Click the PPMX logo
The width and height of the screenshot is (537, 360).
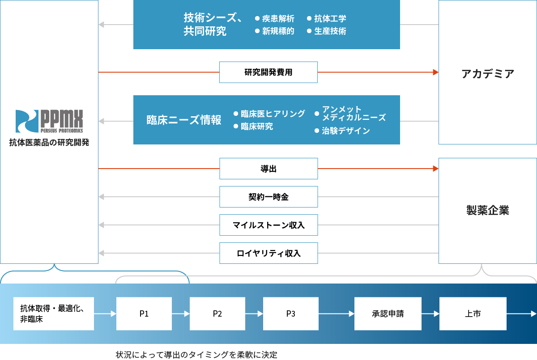[49, 121]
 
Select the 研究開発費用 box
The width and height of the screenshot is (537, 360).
[268, 72]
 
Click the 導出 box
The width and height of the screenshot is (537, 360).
[269, 169]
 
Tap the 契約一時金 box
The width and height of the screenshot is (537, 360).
[269, 197]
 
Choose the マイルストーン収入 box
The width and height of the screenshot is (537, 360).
[269, 225]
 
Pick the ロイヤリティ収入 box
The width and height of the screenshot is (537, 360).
[269, 253]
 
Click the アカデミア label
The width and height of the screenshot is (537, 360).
[488, 73]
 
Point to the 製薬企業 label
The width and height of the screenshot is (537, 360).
[488, 210]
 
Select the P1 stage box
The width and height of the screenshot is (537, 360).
[144, 314]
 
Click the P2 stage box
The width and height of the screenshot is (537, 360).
[217, 314]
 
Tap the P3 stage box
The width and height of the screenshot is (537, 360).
[291, 314]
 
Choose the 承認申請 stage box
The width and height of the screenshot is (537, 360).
[388, 314]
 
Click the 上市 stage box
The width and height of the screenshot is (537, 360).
[473, 314]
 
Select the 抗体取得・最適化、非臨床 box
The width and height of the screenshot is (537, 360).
[54, 314]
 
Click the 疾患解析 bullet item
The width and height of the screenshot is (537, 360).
[275, 18]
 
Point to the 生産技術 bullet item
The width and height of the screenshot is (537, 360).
[327, 31]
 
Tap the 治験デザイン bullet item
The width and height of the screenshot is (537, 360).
[342, 131]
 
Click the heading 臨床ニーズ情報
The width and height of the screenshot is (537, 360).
[184, 120]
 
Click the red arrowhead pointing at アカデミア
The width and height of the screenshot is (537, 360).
[436, 72]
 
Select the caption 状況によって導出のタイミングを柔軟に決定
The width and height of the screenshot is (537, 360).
[196, 355]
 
